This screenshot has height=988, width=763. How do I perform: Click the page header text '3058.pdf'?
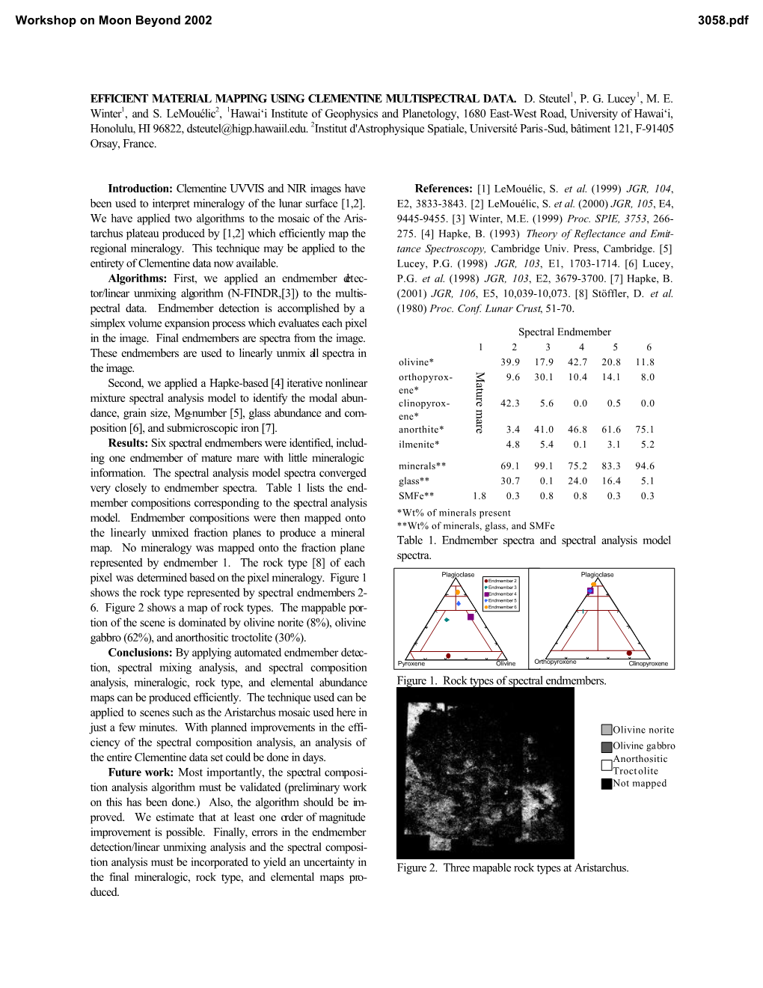(x=723, y=20)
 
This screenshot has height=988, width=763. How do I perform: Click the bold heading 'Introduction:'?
(x=140, y=189)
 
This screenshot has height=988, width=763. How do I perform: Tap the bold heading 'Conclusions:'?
(x=140, y=653)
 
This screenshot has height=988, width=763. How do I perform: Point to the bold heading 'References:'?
(x=444, y=189)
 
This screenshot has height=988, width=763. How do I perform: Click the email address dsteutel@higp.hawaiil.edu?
(x=247, y=129)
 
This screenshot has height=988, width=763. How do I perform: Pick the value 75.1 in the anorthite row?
(x=645, y=430)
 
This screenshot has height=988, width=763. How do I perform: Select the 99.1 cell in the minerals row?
(x=544, y=466)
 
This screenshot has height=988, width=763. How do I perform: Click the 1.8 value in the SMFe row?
(x=479, y=495)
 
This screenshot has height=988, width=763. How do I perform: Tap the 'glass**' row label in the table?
(x=414, y=481)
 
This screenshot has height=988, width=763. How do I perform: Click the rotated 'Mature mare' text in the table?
(x=479, y=403)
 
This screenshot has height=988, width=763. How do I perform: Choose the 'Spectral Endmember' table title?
(x=565, y=332)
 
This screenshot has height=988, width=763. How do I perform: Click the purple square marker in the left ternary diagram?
(x=471, y=617)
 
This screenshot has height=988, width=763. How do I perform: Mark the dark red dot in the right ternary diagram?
(x=630, y=653)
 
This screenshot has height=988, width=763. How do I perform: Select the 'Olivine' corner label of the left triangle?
(x=506, y=664)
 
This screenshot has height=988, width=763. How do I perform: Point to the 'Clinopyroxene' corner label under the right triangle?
(x=648, y=664)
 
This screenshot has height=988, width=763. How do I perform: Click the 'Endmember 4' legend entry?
(x=502, y=594)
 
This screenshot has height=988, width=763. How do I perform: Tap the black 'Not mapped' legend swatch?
(x=607, y=784)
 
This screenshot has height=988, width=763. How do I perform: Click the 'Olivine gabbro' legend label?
(x=643, y=745)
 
